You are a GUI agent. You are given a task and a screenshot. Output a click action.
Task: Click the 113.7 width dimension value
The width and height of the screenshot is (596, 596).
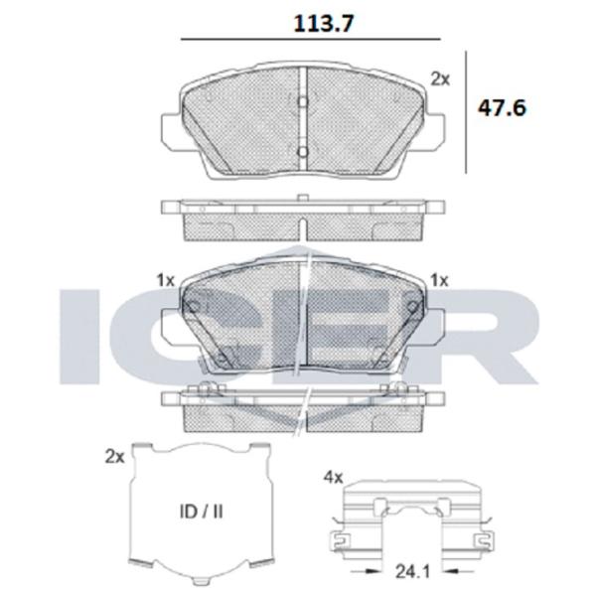coord(324,23)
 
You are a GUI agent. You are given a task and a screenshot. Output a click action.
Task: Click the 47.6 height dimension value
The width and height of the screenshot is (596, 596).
coord(502,108)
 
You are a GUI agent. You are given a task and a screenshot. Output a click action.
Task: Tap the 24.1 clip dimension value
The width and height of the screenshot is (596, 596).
coord(413,572)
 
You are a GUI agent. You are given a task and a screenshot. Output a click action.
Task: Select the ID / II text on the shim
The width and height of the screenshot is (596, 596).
coord(201,512)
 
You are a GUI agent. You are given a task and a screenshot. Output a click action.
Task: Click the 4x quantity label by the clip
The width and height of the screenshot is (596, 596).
coord(333,477)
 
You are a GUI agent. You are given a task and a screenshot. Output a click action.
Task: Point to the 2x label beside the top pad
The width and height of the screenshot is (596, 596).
coord(440,79)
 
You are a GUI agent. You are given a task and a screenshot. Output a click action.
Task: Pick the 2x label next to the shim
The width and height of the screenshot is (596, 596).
coord(115,457)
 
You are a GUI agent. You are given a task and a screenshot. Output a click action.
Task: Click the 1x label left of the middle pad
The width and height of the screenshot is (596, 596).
coord(165,280)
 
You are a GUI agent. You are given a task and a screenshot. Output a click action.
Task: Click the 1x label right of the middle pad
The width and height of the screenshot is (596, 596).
coord(439,280)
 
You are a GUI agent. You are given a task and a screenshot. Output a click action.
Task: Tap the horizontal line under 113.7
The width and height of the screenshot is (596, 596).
coord(311,39)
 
